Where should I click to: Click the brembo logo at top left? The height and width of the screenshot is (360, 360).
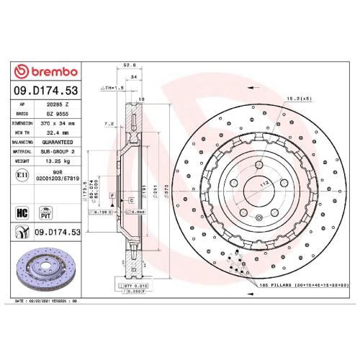pos(45,72)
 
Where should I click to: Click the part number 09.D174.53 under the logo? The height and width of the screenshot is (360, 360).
pos(45,92)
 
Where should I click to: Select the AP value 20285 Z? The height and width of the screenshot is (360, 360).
pos(55,104)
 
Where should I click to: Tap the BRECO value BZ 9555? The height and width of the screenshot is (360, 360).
pos(55,114)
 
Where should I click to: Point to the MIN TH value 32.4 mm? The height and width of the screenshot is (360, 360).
pos(56,132)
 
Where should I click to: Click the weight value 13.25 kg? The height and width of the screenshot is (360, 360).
pos(56,161)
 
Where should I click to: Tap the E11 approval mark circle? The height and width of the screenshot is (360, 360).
pos(22,176)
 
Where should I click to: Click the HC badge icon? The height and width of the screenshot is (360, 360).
pos(21,212)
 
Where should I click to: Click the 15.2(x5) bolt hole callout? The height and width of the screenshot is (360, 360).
pos(276,97)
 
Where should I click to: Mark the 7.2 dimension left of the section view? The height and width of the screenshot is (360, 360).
pos(110,124)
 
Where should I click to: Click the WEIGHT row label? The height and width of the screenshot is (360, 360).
pos(22,161)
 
